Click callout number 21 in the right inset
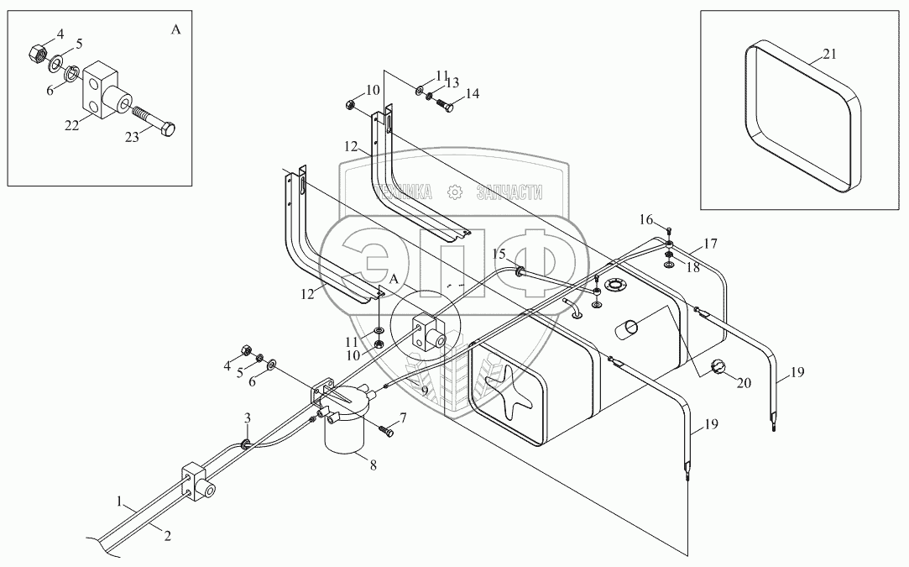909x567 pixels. pyautogui.click(x=829, y=54)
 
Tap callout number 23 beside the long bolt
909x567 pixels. pyautogui.click(x=132, y=138)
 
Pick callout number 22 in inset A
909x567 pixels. pyautogui.click(x=71, y=125)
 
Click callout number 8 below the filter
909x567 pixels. pyautogui.click(x=373, y=465)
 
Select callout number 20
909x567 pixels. pyautogui.click(x=744, y=382)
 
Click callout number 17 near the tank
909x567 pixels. pyautogui.click(x=711, y=244)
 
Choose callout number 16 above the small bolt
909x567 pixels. pyautogui.click(x=646, y=219)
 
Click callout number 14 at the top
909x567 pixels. pyautogui.click(x=473, y=93)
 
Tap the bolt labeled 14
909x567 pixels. pyautogui.click(x=445, y=106)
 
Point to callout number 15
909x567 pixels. pyautogui.click(x=499, y=254)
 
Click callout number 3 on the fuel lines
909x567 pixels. pyautogui.click(x=248, y=417)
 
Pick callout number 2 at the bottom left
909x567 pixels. pyautogui.click(x=167, y=537)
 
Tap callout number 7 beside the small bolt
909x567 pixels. pyautogui.click(x=402, y=417)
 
